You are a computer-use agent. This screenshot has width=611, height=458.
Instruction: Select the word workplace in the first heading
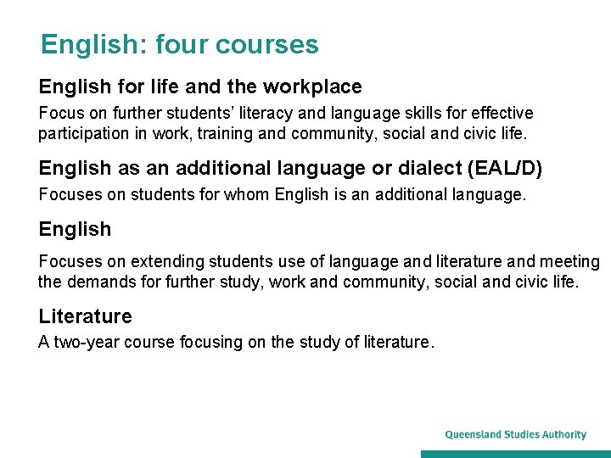(x=312, y=87)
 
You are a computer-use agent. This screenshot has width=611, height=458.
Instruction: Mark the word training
(x=227, y=133)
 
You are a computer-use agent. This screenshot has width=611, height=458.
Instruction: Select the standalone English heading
(x=75, y=229)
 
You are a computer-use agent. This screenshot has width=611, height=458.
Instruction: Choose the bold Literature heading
(x=85, y=316)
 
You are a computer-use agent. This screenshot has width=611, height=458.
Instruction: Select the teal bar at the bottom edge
(x=515, y=454)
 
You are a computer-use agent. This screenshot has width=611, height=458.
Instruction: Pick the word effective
(x=502, y=113)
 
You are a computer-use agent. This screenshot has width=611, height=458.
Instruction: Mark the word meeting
(x=570, y=262)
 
